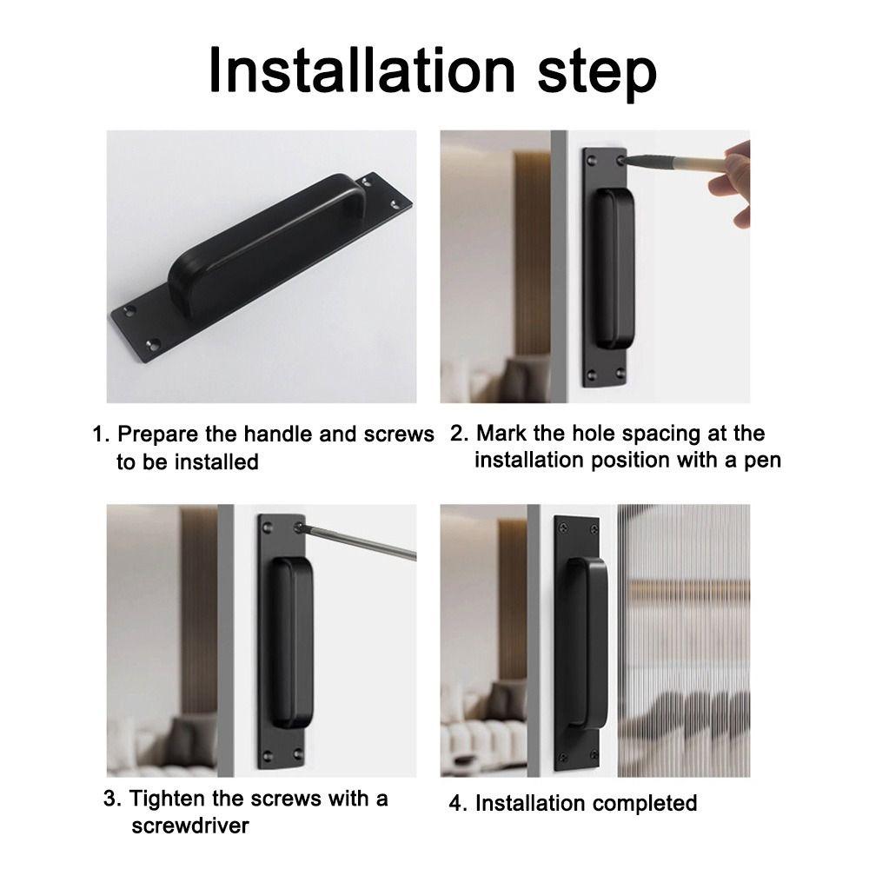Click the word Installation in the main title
tap(362, 71)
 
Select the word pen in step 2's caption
tap(763, 461)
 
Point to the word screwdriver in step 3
tap(190, 826)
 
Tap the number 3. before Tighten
tap(112, 799)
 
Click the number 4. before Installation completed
tap(458, 803)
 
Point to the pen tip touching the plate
tap(622, 161)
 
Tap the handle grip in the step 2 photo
tap(614, 269)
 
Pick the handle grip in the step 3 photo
tap(291, 642)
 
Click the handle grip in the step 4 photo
tap(587, 643)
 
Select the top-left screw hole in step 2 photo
tap(592, 161)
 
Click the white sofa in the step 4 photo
tap(483, 743)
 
